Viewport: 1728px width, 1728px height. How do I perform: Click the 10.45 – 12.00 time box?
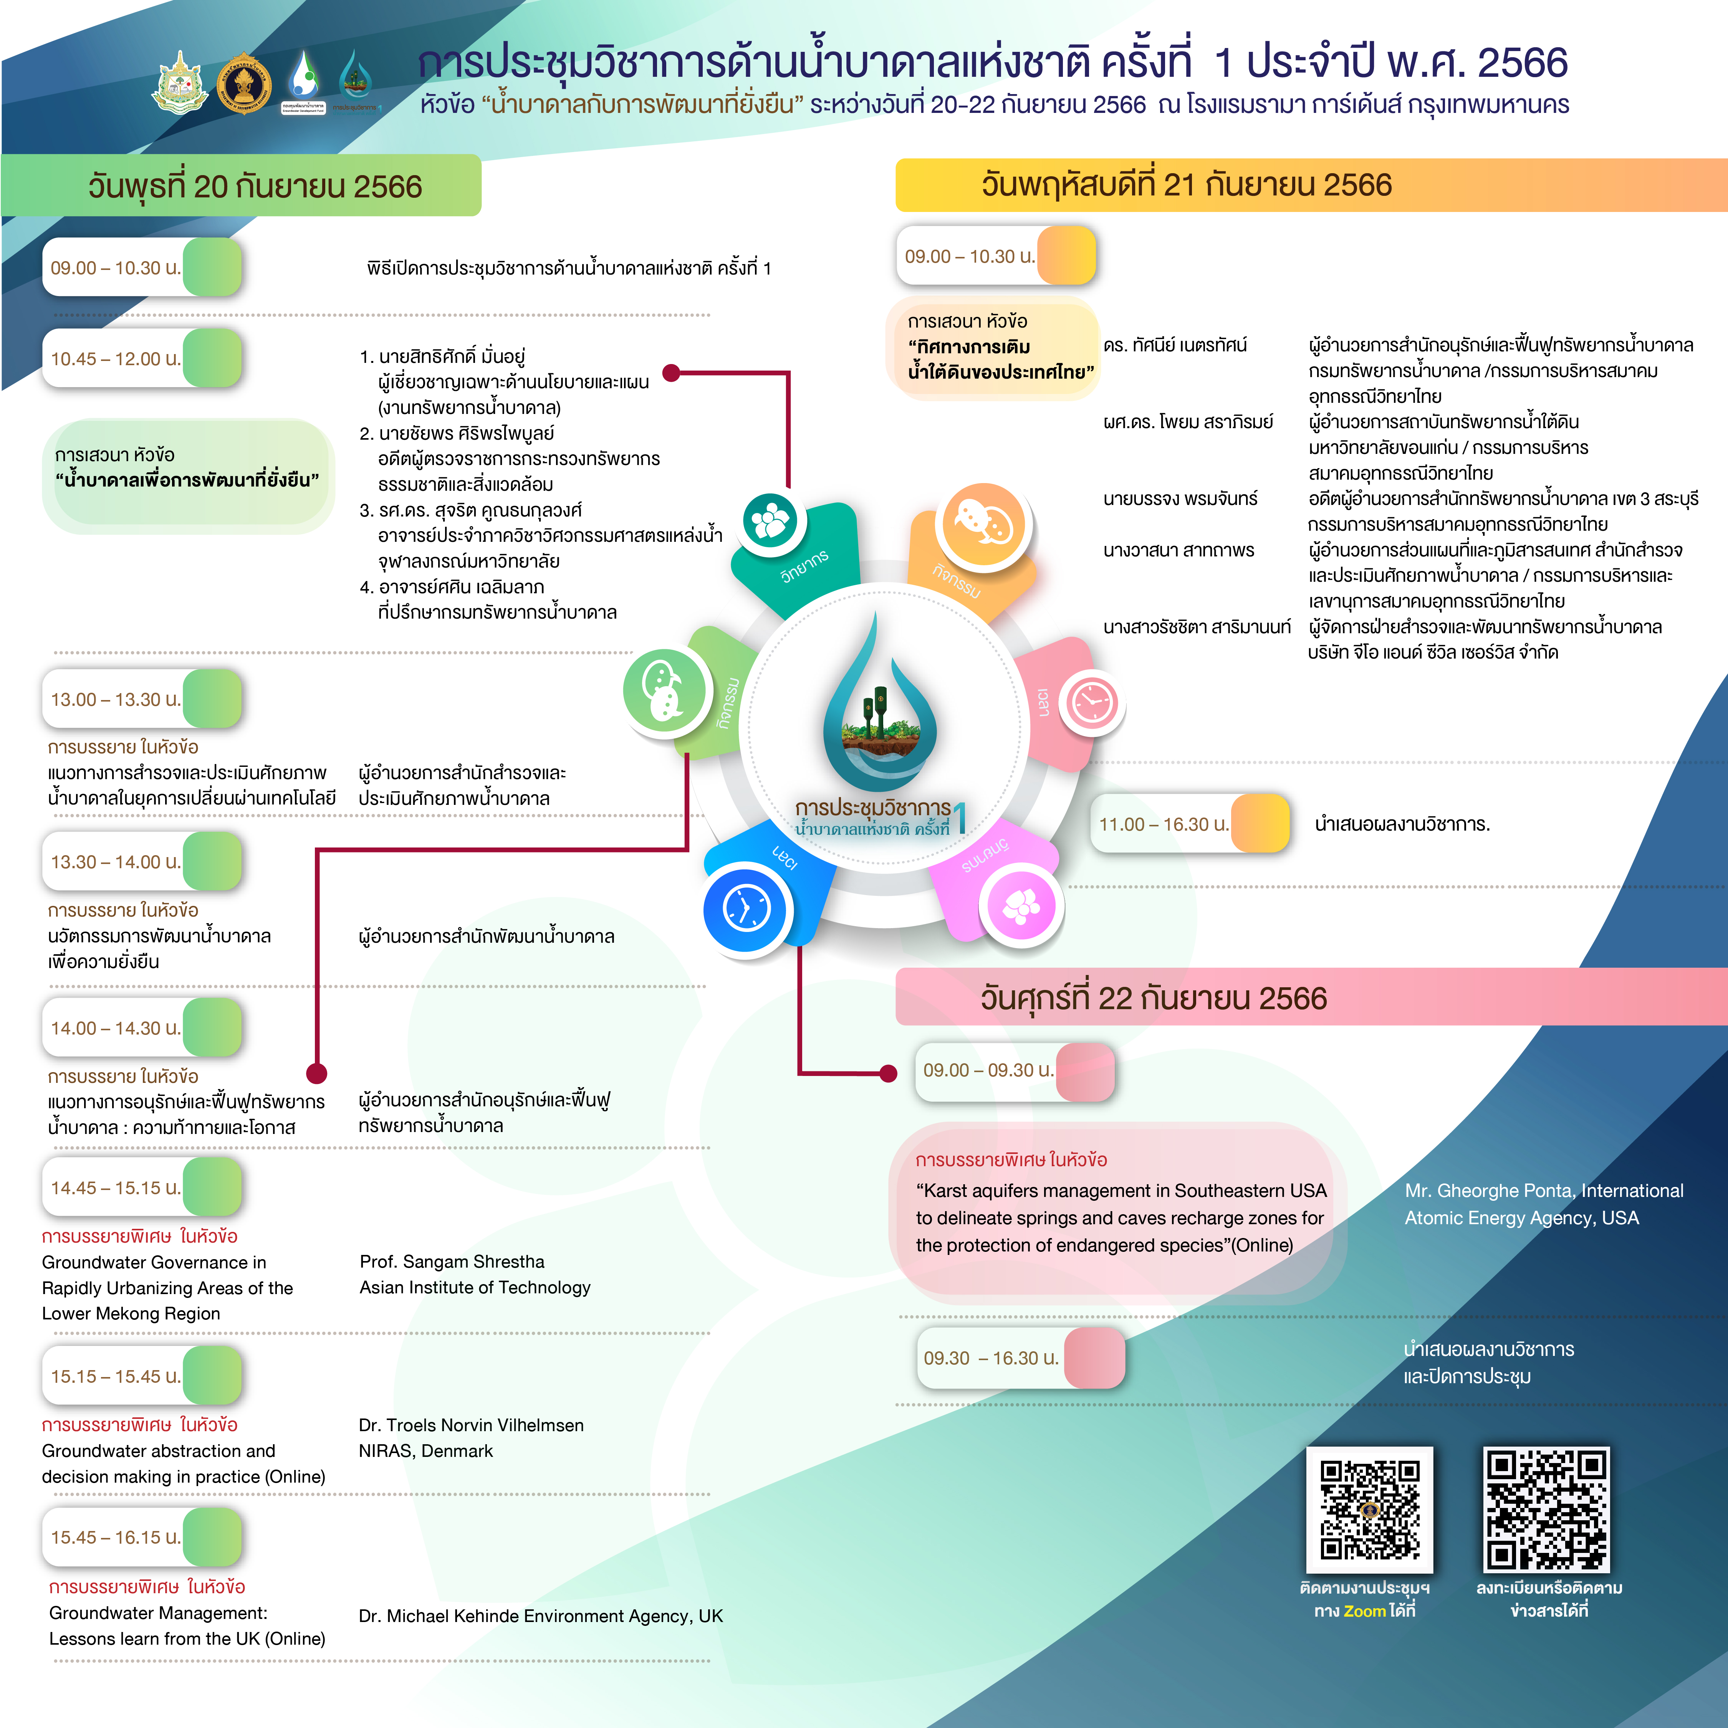(x=141, y=359)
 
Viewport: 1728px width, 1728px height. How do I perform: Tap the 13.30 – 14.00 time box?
(x=141, y=861)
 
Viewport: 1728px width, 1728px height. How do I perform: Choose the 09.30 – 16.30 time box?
(x=1020, y=1358)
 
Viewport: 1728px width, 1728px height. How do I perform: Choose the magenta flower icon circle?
(x=1021, y=906)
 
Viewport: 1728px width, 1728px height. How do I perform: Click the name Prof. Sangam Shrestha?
(x=452, y=1261)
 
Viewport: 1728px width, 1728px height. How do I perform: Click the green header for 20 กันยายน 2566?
(x=242, y=185)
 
